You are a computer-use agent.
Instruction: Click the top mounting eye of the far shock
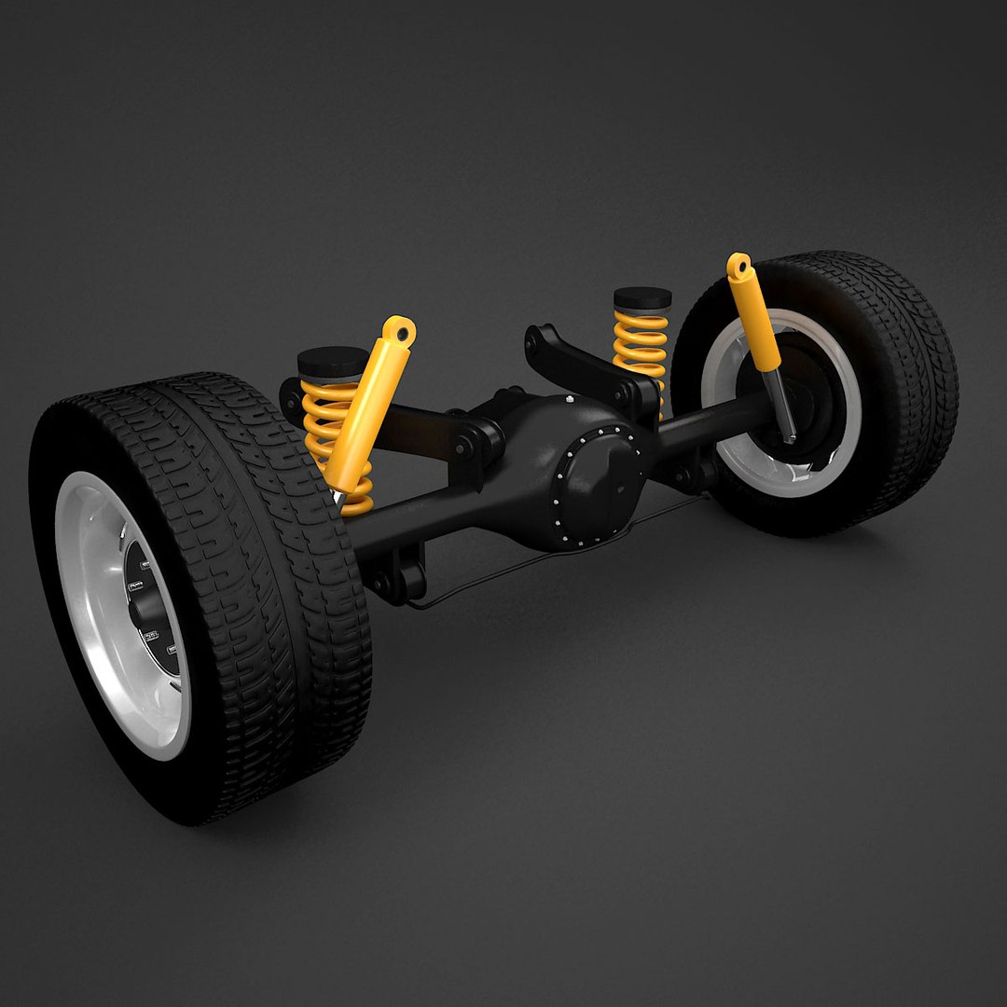(739, 266)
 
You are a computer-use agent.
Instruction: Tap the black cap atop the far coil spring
(642, 298)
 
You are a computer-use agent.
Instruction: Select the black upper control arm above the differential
(573, 359)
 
